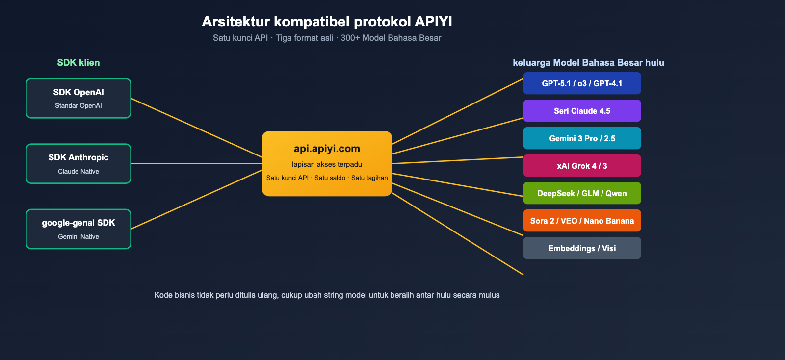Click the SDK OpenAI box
78,98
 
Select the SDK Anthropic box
78,164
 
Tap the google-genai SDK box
78,229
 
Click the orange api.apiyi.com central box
327,163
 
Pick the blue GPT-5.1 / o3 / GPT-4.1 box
582,83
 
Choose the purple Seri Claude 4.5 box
582,111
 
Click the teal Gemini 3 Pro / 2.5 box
582,138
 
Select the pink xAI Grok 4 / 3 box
582,166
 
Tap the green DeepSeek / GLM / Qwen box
582,193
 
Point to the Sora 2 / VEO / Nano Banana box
582,221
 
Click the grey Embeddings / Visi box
582,248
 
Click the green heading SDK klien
78,62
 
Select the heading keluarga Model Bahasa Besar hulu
588,62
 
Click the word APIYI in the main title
433,22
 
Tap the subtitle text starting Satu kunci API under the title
327,38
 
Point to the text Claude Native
78,171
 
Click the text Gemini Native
78,236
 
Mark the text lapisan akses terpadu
327,164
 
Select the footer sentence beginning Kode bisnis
327,295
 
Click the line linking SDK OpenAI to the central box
196,128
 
